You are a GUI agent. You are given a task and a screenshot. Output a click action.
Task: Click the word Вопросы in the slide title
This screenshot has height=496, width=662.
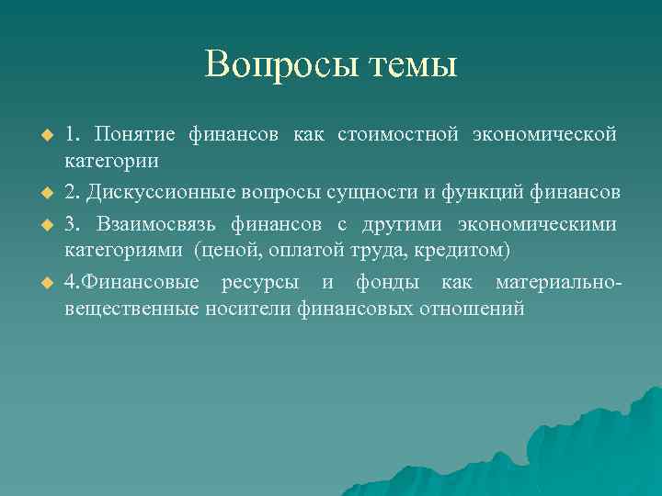(x=273, y=64)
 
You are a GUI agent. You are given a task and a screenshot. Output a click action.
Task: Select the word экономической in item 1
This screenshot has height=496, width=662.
(x=543, y=135)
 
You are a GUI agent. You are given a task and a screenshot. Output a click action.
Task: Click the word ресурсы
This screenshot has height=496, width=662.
(x=259, y=281)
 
